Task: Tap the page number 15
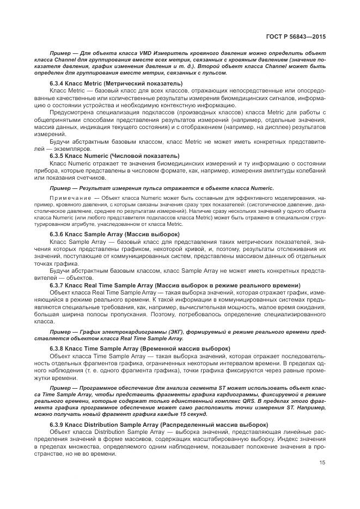322,464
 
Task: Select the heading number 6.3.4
58,83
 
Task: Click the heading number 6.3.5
58,156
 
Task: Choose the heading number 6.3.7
58,285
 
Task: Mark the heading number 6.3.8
58,348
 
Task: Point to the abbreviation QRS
245,400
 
